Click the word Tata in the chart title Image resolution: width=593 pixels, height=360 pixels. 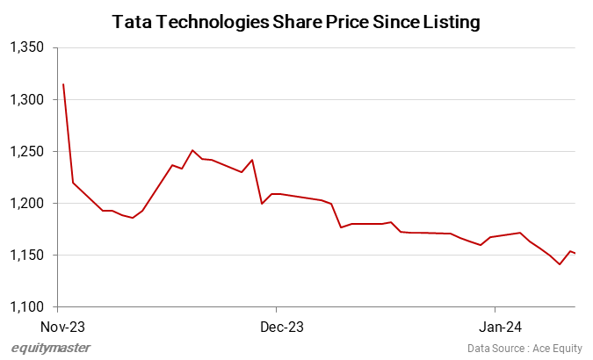pyautogui.click(x=134, y=22)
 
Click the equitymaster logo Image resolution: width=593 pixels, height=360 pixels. pyautogui.click(x=50, y=349)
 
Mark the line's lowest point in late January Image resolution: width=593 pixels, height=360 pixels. pyautogui.click(x=560, y=264)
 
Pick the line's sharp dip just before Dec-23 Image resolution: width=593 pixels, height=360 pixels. pyautogui.click(x=262, y=204)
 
